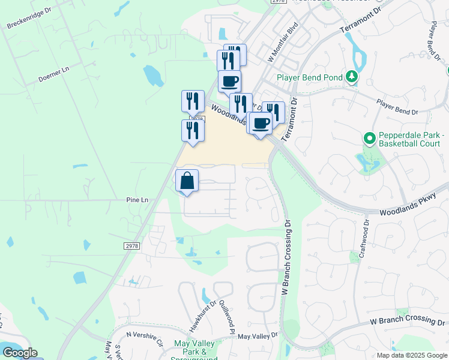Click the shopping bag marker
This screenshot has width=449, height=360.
click(187, 181)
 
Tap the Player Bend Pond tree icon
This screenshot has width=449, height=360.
click(351, 77)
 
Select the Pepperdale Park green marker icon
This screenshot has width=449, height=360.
click(370, 139)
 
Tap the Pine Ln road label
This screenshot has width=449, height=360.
click(137, 199)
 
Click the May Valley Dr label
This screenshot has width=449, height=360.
click(259, 337)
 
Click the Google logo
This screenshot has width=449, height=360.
click(19, 353)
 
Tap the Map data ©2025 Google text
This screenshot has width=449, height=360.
click(412, 355)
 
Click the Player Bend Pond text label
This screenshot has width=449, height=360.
click(310, 77)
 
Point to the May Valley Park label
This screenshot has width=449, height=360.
click(190, 347)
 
